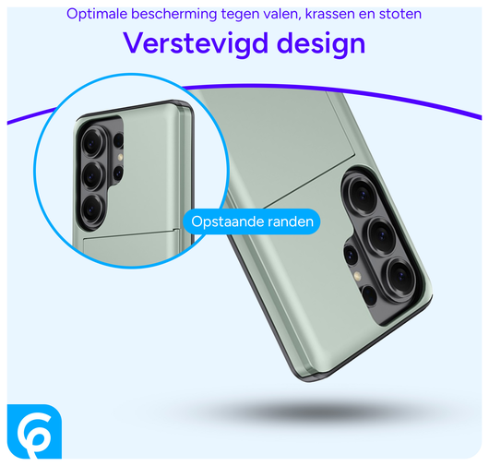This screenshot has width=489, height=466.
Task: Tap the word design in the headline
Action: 313,44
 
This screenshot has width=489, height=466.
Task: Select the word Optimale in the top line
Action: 99,14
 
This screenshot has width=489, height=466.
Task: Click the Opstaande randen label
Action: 250,222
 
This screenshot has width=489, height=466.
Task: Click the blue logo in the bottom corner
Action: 34,431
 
